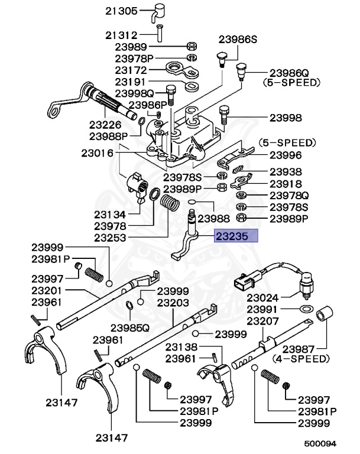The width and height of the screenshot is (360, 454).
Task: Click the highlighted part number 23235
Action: click(236, 237)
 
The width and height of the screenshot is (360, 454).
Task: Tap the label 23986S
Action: click(238, 40)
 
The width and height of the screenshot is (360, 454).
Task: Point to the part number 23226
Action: click(105, 125)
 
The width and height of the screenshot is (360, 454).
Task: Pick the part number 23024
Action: click(263, 298)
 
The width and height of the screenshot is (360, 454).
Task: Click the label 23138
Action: click(181, 348)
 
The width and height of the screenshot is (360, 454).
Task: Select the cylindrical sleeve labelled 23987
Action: click(324, 314)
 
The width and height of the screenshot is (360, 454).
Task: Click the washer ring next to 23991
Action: click(306, 309)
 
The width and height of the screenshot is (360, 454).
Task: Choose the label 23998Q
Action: click(134, 93)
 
